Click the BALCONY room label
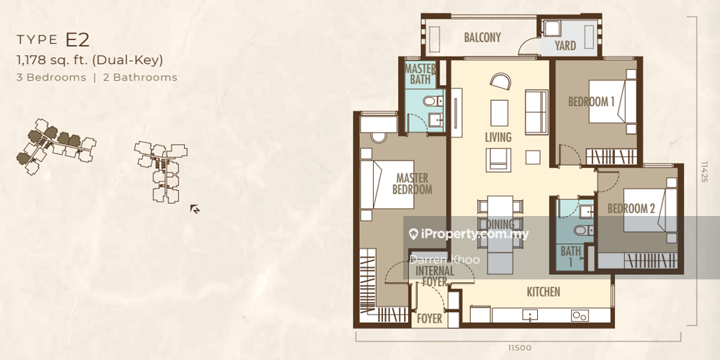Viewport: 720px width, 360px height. click(x=482, y=37)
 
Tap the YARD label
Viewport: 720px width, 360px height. click(x=565, y=46)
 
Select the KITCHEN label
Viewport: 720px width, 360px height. click(x=543, y=292)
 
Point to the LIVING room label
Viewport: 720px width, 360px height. click(x=498, y=137)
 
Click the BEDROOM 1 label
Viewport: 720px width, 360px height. click(x=591, y=102)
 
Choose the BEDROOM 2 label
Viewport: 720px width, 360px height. click(x=631, y=209)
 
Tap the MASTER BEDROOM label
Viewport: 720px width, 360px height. click(x=413, y=184)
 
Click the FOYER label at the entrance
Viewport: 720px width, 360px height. click(x=429, y=318)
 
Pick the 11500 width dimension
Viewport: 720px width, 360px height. click(x=520, y=348)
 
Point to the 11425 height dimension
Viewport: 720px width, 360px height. click(x=704, y=171)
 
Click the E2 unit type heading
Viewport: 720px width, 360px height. click(x=77, y=40)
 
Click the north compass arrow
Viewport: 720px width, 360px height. click(x=194, y=210)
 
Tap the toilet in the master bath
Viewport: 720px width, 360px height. click(x=433, y=101)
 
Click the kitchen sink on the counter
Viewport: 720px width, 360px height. click(x=531, y=315)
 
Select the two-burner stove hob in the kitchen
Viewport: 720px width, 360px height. click(x=580, y=315)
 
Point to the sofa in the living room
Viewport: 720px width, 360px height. click(x=536, y=112)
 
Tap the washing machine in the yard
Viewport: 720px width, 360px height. click(x=551, y=29)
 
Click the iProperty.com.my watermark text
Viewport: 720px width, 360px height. click(x=469, y=234)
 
